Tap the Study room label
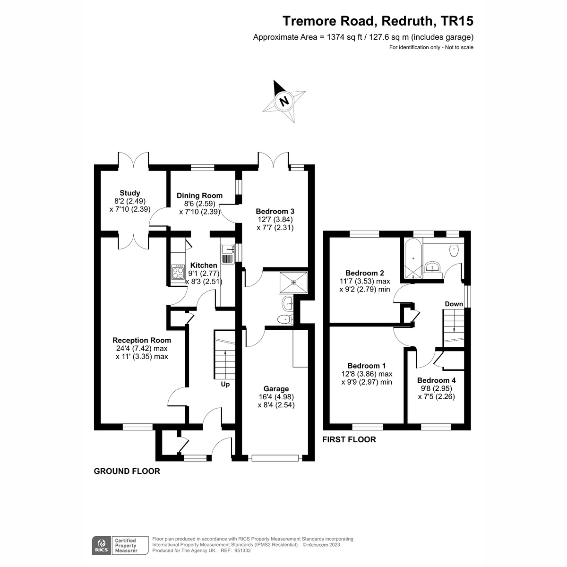[x=130, y=193]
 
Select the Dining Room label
[x=199, y=196]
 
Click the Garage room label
[x=276, y=389]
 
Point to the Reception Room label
[x=142, y=340]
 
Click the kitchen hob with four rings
[x=178, y=272]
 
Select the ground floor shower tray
[x=293, y=282]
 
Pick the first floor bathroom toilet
[x=455, y=249]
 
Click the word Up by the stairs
[x=225, y=384]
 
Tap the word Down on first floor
[x=454, y=304]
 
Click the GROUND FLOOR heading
[x=127, y=471]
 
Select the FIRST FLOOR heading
[x=349, y=439]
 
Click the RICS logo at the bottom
[x=101, y=545]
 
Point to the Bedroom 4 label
[x=437, y=380]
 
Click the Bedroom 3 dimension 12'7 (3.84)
[x=275, y=219]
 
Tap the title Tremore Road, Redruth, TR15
[x=378, y=21]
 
